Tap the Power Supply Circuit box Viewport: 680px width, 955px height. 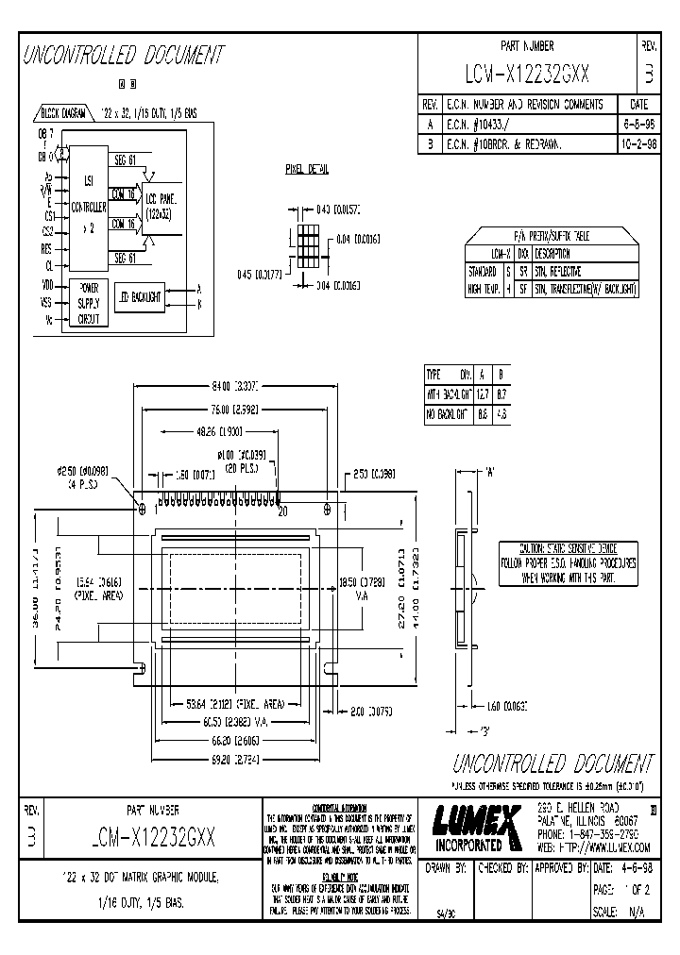pos(88,302)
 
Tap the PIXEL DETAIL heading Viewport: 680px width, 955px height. pos(307,170)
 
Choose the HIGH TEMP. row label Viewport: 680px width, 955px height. pos(483,289)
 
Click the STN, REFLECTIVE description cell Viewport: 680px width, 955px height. pos(558,272)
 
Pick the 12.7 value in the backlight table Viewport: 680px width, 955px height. pos(483,394)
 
